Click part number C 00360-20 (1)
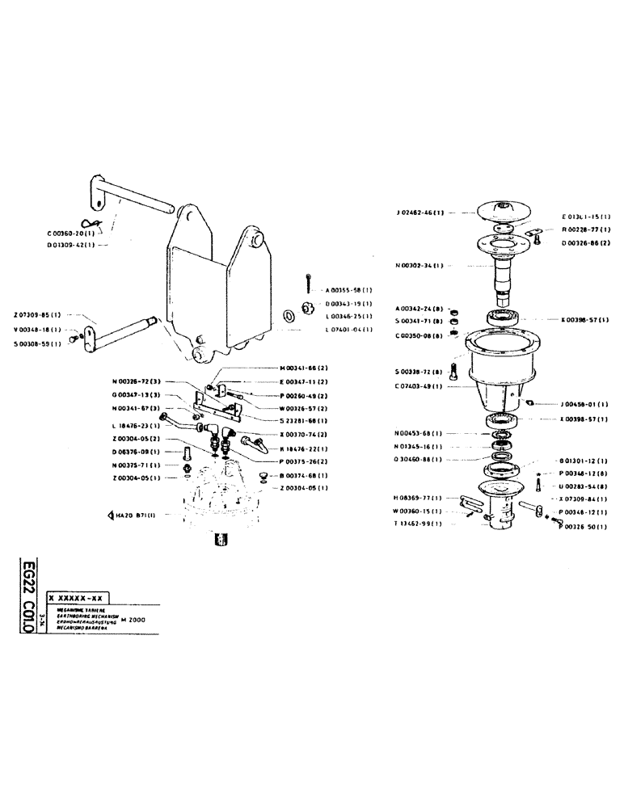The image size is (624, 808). click(71, 233)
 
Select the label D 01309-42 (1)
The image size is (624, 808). click(71, 243)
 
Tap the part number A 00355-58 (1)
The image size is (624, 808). click(348, 288)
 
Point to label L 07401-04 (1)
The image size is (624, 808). click(348, 330)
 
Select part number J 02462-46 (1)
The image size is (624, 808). click(420, 213)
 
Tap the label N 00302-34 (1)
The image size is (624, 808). click(420, 266)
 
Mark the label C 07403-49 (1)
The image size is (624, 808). click(420, 385)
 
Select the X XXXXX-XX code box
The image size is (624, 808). click(77, 598)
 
